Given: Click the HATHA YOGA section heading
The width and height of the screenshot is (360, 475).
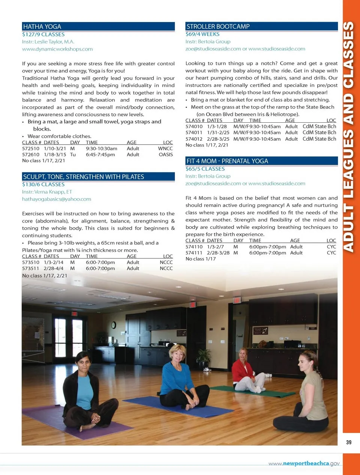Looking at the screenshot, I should pos(42,27).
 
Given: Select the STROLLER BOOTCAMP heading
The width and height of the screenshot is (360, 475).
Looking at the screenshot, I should pos(218,27).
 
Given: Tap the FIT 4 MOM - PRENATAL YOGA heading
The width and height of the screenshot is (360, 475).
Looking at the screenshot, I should pos(227,161).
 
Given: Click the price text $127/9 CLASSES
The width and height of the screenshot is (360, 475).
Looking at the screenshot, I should pos(43,34).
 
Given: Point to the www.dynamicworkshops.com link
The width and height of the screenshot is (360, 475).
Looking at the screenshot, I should pos(57,49).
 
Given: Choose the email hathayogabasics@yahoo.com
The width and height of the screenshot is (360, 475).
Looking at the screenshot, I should pos(57,199).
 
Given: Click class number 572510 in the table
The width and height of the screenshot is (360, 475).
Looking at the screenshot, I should pos(30,149).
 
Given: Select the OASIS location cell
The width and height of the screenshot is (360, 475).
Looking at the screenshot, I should pos(166,155).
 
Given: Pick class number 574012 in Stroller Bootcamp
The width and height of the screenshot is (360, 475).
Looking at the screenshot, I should pos(194,139).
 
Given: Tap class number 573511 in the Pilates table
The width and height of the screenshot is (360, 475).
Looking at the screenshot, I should pos(30,269).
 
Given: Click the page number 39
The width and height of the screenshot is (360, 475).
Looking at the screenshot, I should pos(349,442).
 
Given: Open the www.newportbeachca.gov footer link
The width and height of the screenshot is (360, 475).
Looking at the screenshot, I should pos(304,464).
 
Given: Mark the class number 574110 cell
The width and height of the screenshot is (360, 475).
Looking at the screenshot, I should pos(194,247).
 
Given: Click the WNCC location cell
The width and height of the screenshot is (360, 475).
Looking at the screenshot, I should pos(165,149).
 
